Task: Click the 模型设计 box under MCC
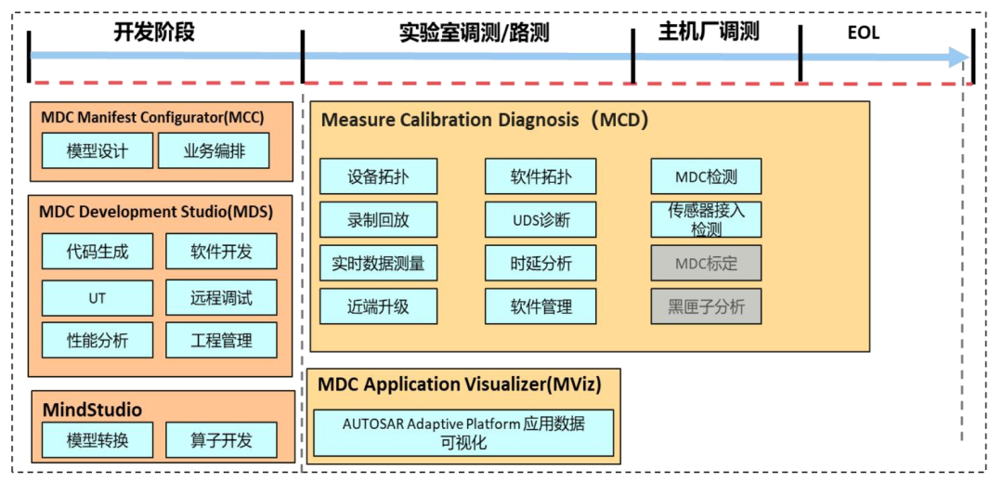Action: coord(98,150)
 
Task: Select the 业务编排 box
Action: coord(215,150)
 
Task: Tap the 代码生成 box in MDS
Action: coord(98,251)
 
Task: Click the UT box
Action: coord(98,297)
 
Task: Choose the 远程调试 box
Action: coord(221,297)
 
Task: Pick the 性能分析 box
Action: coord(98,340)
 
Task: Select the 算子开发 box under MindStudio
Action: coord(221,440)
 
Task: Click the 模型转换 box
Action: coord(98,440)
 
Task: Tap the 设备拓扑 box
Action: coord(378,176)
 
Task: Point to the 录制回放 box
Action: coord(378,220)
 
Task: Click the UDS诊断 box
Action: coord(541,220)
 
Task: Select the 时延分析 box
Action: coord(541,263)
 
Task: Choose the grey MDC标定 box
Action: coord(706,263)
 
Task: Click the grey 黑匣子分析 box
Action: coord(706,306)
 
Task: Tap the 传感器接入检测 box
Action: coord(706,219)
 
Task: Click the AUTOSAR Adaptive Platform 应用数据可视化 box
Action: coord(463,433)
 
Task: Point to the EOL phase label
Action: coord(863,33)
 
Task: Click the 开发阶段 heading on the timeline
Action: coord(154,32)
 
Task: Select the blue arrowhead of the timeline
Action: coord(958,57)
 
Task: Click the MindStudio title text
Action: coord(92,410)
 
